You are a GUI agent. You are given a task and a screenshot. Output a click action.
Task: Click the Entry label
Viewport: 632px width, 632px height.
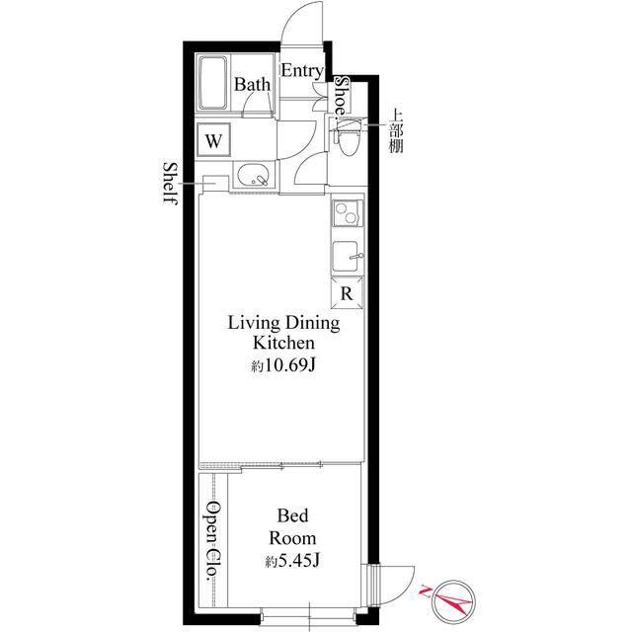[x=302, y=71]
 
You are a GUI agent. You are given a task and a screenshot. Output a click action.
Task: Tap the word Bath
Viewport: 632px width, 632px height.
[x=253, y=85]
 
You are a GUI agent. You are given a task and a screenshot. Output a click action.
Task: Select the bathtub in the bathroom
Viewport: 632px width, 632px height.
[x=212, y=83]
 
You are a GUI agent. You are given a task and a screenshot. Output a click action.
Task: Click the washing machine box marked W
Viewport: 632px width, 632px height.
[x=213, y=140]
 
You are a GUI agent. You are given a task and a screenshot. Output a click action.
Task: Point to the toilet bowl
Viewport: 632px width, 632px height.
[x=348, y=141]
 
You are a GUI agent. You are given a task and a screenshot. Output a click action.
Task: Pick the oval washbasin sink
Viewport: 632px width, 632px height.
[x=253, y=176]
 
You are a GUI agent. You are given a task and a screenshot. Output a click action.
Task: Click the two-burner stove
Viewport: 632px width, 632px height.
[x=347, y=213]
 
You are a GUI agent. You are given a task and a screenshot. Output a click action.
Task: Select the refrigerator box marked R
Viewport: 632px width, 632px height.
[x=347, y=293]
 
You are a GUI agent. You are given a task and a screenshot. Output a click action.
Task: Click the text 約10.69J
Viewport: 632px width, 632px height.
[x=283, y=365]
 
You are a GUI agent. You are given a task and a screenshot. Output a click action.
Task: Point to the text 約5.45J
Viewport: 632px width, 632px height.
[x=292, y=560]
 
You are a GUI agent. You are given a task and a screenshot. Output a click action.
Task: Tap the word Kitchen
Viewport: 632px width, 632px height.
[x=283, y=343]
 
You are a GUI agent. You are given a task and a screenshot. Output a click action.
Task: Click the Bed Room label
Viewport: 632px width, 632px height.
[x=292, y=526]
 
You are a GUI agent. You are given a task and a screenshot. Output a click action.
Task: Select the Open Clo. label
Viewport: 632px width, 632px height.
[x=212, y=541]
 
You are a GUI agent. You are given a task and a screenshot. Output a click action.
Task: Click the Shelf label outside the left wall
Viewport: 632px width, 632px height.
[x=171, y=184]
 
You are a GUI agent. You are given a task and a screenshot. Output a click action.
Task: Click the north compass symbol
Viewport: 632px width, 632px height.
[x=452, y=601]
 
